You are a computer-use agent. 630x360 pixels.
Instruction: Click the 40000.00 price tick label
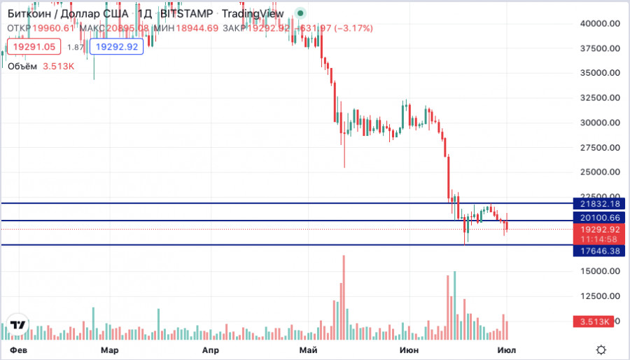pyautogui.click(x=601, y=23)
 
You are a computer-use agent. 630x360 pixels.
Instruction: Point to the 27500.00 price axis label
pyautogui.click(x=601, y=147)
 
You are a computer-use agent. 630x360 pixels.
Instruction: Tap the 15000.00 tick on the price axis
pyautogui.click(x=601, y=271)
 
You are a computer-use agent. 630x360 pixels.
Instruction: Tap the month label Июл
pyautogui.click(x=506, y=349)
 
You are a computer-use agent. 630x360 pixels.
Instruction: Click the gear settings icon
pyautogui.click(x=601, y=349)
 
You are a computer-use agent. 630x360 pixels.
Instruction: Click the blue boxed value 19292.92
pyautogui.click(x=117, y=47)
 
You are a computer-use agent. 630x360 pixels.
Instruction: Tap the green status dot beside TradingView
pyautogui.click(x=300, y=13)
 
